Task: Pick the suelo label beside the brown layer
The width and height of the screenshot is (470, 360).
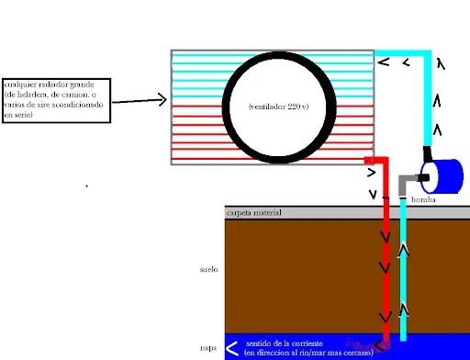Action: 208,270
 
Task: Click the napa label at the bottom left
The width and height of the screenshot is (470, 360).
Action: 207,348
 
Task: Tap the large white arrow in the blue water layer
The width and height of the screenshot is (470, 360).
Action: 232,348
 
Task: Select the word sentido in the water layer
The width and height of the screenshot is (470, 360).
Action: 260,343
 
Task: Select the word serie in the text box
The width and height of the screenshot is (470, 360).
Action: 22,114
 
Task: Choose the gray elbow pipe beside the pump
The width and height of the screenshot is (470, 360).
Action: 406,181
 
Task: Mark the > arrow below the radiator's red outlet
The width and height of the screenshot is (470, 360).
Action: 371,172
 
